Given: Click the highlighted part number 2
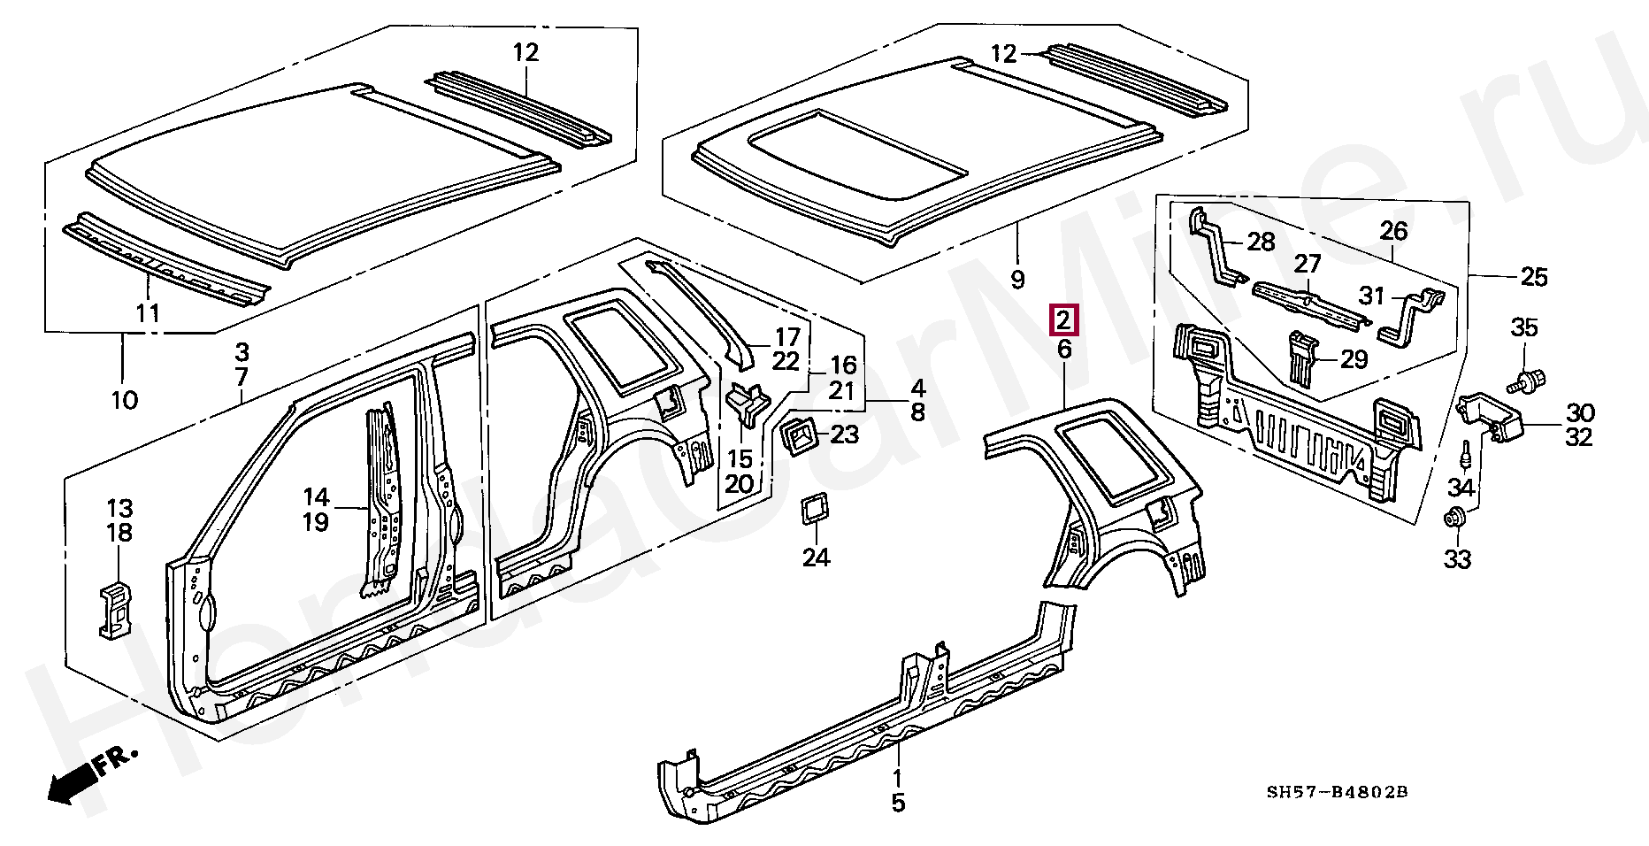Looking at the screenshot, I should pos(1062,319).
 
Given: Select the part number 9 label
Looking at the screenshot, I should pos(1017,281).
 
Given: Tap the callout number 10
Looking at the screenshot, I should pos(125,400).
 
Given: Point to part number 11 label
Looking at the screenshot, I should pos(148,312).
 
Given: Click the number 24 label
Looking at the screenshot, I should pos(816,558).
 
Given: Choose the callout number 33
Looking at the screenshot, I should pos(1457,559).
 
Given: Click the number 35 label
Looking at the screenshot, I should pos(1523,328).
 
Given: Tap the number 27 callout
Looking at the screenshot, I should pos(1308,264).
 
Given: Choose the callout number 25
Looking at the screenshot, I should pos(1533,278).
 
